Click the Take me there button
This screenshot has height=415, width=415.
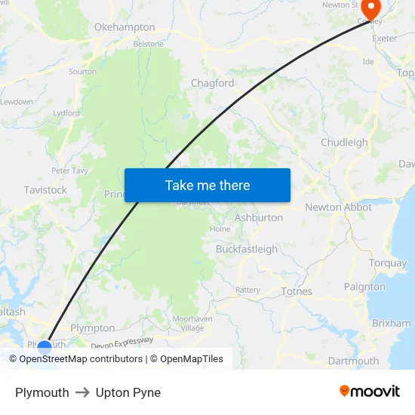[207, 185]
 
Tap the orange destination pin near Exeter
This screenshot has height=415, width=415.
[372, 8]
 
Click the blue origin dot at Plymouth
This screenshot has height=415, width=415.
[45, 348]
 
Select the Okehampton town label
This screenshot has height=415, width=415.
[124, 27]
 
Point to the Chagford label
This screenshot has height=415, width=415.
[213, 83]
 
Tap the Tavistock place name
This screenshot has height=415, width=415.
[45, 190]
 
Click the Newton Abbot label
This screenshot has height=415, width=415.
[338, 207]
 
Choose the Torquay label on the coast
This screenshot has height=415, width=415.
[388, 263]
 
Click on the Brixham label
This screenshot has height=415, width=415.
[392, 323]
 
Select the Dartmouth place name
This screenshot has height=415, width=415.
[354, 361]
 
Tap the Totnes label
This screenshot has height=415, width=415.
[296, 291]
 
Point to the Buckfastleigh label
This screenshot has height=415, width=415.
[247, 249]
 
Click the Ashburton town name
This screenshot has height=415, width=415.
[259, 217]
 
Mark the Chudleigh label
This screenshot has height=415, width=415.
[344, 143]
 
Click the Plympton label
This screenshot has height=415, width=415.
[92, 328]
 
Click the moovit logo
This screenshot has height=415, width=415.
[370, 392]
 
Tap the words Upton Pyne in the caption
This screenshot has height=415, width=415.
[128, 392]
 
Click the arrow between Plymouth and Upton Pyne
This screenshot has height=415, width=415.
[82, 392]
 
